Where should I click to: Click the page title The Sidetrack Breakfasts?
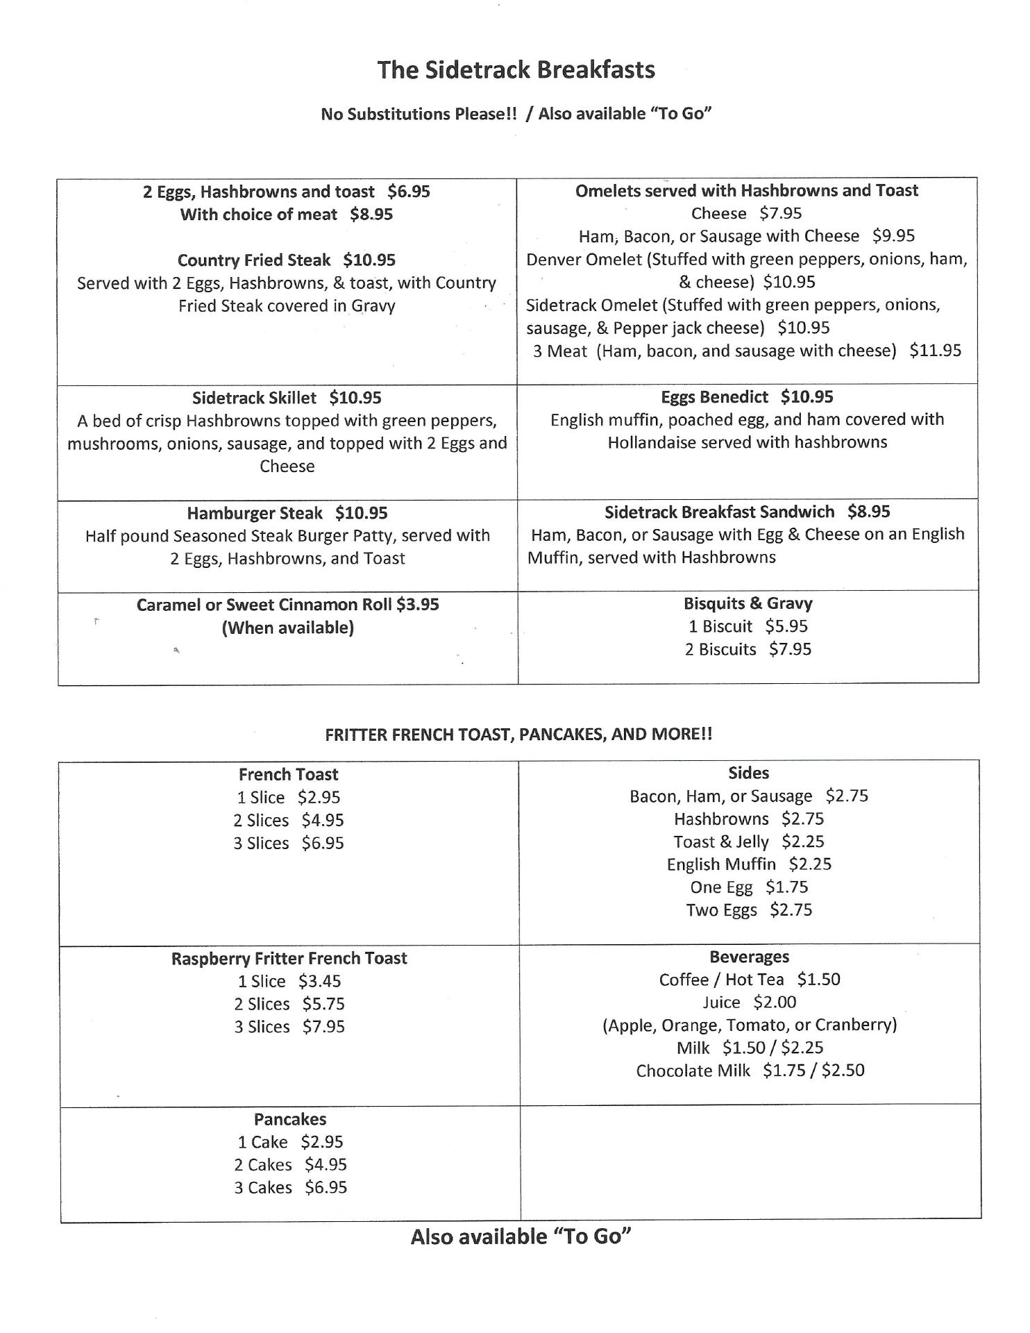tap(516, 70)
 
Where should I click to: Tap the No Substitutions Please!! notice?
tap(419, 114)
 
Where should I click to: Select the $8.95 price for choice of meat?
tap(371, 215)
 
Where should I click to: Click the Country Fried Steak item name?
tap(254, 260)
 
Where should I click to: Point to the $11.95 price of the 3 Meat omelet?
tap(935, 351)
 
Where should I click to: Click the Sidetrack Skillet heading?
tap(254, 398)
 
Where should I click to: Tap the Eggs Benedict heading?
tap(714, 397)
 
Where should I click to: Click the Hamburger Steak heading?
tap(255, 513)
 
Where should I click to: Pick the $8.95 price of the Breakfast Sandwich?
tap(868, 512)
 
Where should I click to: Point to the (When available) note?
tap(287, 628)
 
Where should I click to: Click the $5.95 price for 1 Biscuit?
tap(786, 626)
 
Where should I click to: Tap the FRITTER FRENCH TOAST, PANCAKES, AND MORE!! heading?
tap(518, 734)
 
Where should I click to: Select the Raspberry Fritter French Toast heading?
tap(289, 958)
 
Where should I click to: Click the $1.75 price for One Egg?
tap(786, 887)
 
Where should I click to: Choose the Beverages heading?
tap(749, 957)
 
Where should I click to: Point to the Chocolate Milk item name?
tap(693, 1071)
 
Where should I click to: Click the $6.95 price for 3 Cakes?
tap(326, 1187)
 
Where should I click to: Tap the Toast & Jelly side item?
tap(721, 841)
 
